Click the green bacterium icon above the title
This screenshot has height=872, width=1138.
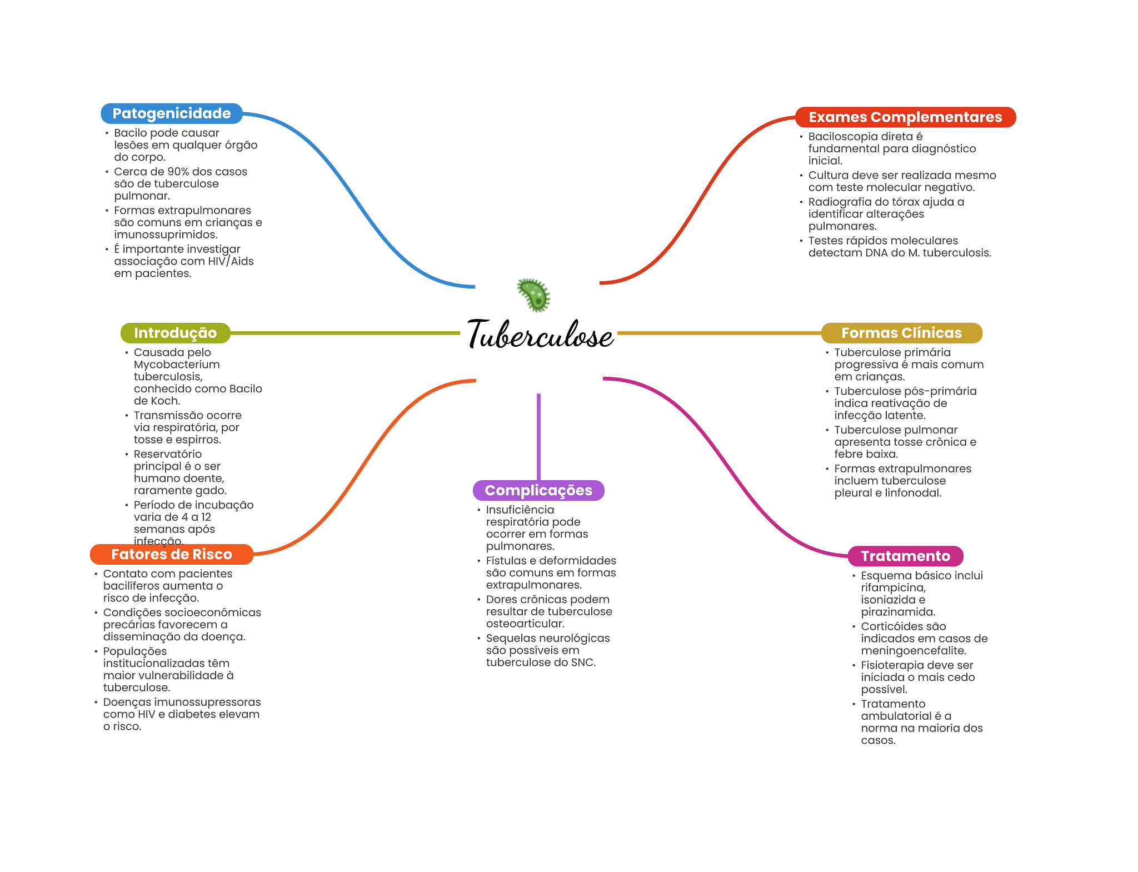point(533,295)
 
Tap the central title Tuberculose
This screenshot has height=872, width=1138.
point(540,335)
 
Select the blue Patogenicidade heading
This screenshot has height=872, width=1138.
point(171,113)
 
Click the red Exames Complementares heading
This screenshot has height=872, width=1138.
point(905,117)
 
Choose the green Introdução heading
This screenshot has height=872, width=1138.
point(175,333)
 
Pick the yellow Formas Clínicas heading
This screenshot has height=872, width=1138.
point(901,333)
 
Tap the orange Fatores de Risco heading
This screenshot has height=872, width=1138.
point(171,554)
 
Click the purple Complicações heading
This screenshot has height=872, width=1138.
point(538,490)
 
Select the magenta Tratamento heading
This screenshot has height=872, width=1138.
point(905,556)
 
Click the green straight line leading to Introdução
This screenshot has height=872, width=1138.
point(345,333)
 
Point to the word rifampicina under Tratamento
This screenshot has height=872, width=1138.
point(893,587)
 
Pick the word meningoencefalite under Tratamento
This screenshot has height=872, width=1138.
point(913,651)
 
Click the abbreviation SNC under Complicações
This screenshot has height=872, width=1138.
point(581,662)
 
